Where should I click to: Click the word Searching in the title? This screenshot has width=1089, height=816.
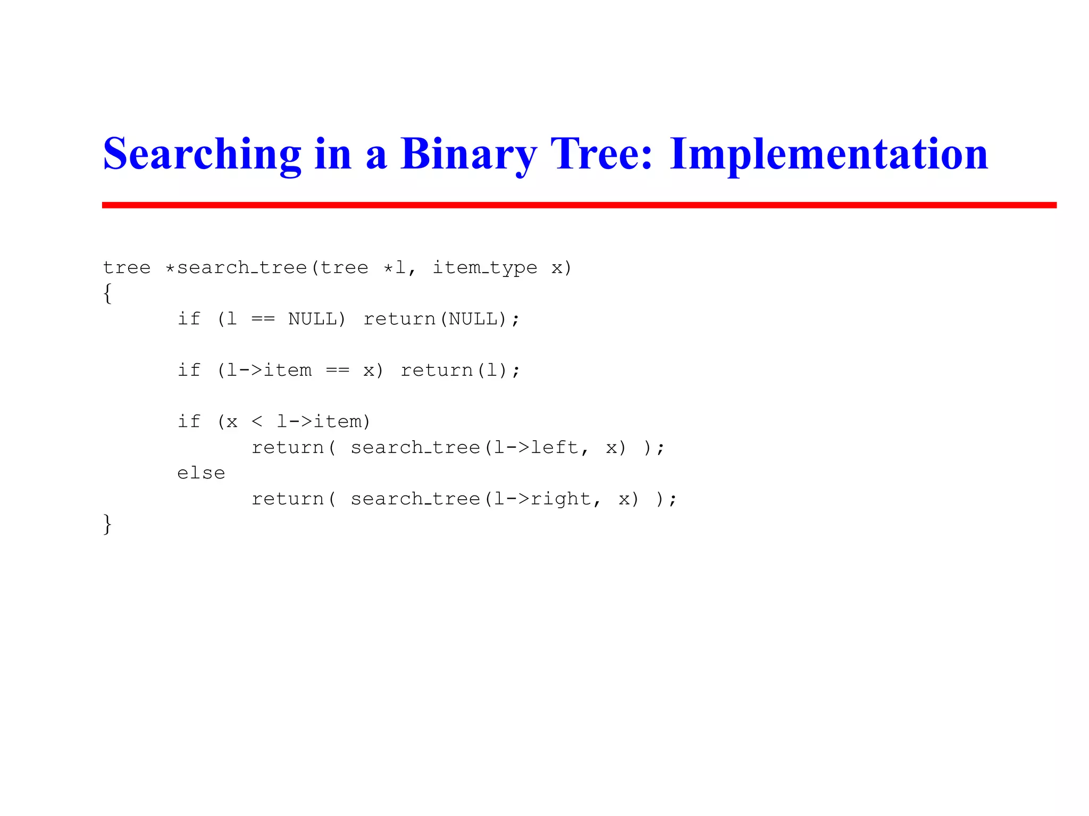click(x=202, y=154)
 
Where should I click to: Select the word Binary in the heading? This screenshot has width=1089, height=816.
click(x=468, y=154)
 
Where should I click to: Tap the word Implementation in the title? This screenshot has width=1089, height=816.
click(x=828, y=154)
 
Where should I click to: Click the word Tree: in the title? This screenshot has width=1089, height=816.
click(x=601, y=154)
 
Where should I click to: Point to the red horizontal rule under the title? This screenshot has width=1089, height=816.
click(x=579, y=205)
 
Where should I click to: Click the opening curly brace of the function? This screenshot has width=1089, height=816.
click(x=107, y=293)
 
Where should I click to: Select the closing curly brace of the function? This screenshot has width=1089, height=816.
click(x=107, y=524)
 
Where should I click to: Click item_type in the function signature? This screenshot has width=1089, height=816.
click(x=484, y=267)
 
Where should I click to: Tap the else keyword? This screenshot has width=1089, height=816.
click(x=201, y=473)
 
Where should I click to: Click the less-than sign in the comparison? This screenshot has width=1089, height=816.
click(x=257, y=422)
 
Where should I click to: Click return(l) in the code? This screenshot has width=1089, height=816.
click(x=455, y=370)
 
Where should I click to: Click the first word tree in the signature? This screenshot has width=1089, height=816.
click(x=127, y=267)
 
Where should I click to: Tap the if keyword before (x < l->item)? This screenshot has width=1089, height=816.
click(x=189, y=422)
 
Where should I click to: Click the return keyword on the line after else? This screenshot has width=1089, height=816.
click(x=288, y=499)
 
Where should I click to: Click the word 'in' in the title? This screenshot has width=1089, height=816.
click(x=333, y=154)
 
